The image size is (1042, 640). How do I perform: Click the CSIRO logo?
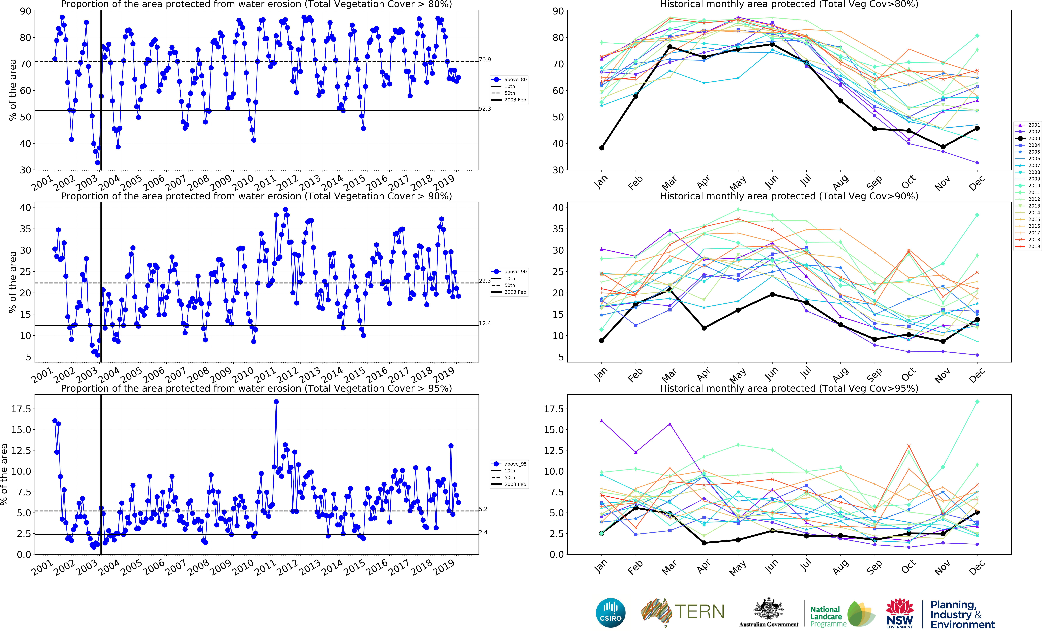point(610,613)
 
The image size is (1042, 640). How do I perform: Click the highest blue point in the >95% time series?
point(276,402)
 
